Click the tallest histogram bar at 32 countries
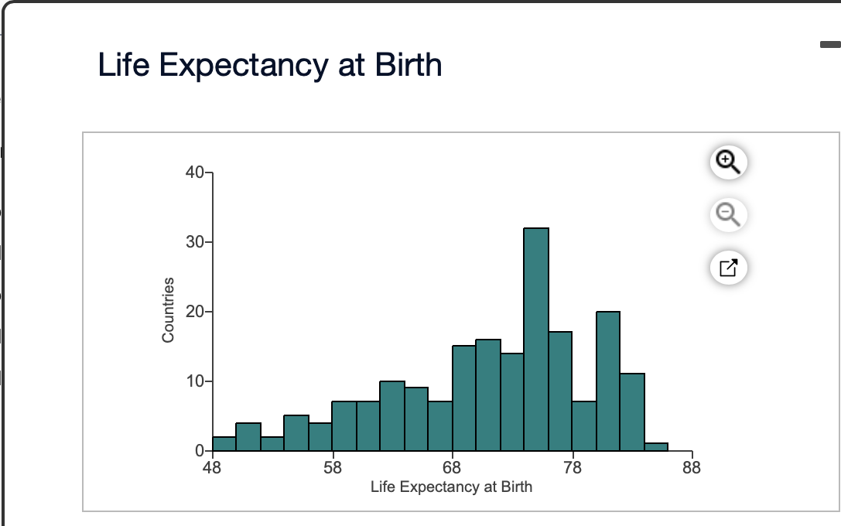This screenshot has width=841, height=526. pos(536,339)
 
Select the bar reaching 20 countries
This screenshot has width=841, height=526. pos(608,381)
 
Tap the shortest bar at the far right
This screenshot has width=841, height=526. pos(656,446)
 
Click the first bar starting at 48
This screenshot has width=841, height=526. pos(224,443)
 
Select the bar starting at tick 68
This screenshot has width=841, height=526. pos(464,398)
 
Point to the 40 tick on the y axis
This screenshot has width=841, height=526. pos(194,172)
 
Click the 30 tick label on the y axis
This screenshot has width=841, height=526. pos(194,242)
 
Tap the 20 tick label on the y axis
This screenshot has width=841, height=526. pos(194,312)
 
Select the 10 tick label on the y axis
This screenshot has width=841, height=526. pos(194,381)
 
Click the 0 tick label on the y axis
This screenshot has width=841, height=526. pos(199,450)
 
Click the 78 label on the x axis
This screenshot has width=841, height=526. pos(572,467)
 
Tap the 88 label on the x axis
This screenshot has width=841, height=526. pos(692,467)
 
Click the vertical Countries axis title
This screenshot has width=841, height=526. pos(168,309)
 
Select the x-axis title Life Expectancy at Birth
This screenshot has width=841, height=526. pos(451,487)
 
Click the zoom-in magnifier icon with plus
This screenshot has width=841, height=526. pos(728,161)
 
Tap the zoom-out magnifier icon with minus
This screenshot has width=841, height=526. pos(728,214)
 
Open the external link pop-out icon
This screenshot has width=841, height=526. pos(728,268)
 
